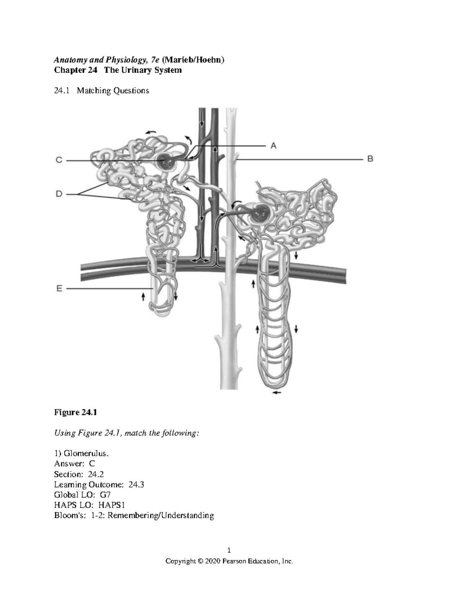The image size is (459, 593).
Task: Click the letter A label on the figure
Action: click(x=273, y=145)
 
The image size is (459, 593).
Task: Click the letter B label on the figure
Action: click(x=370, y=159)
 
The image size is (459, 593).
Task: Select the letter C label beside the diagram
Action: click(x=59, y=161)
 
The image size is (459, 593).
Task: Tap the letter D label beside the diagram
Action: click(x=59, y=194)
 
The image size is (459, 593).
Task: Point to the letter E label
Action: click(x=59, y=289)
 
